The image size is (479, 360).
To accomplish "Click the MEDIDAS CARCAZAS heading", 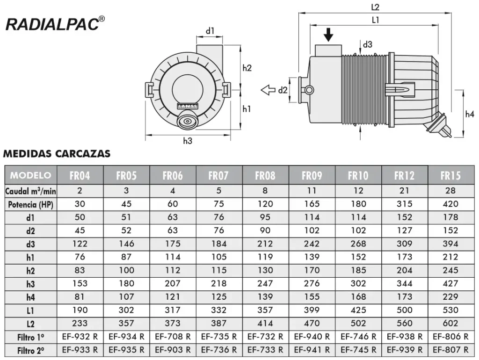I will [57, 153].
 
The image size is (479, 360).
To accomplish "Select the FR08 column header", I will [265, 175].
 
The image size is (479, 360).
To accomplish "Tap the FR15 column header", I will [450, 175].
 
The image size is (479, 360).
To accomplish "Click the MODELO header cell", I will [30, 175].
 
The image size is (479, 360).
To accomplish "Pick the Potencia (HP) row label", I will [30, 204].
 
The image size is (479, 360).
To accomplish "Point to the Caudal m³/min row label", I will [30, 191].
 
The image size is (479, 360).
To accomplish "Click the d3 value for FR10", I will [358, 244].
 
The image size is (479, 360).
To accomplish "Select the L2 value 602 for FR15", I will [450, 323].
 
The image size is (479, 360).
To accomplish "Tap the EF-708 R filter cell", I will [173, 336].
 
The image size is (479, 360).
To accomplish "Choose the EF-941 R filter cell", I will [312, 349].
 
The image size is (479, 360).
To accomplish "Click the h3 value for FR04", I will [80, 283].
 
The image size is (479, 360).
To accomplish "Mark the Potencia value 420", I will [450, 204].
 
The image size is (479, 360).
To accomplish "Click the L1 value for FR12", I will [404, 310].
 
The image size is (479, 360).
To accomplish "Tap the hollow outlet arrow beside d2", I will [268, 90].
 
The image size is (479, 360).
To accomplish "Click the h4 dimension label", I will [470, 114].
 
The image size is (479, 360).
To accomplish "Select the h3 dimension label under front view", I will [188, 141].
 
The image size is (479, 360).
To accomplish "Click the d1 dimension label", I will [210, 31].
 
